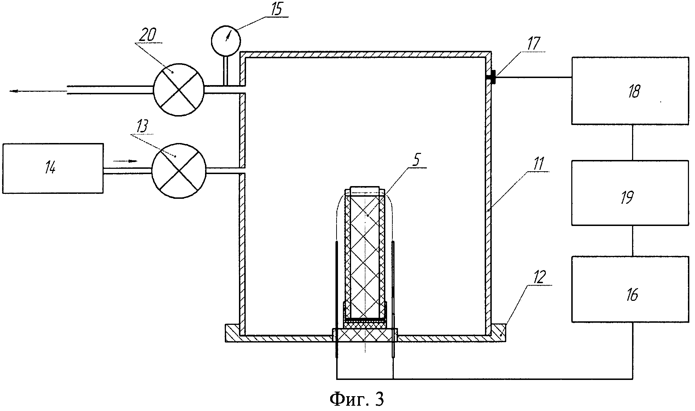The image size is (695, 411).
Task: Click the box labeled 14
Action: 53,168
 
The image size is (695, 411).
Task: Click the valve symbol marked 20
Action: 179,90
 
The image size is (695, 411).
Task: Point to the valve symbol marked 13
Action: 179,171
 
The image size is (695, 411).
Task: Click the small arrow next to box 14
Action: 125,161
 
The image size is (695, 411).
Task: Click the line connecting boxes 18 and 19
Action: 632,142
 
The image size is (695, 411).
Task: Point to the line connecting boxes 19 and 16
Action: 632,240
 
